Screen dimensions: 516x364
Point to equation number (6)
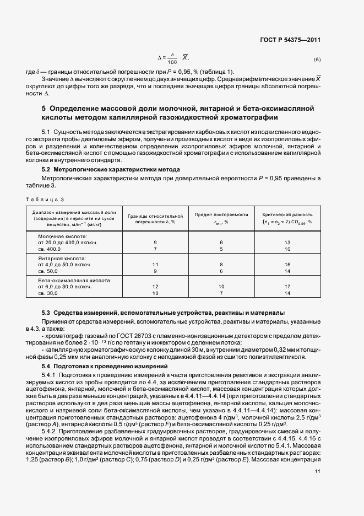point(317,60)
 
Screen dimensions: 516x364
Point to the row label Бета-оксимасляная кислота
point(74,280)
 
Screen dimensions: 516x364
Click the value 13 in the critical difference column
point(287,242)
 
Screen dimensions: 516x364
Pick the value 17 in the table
point(287,287)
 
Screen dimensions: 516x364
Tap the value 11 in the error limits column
point(155,265)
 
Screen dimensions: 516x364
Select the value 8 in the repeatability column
point(221,265)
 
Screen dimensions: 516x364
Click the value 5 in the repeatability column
point(221,249)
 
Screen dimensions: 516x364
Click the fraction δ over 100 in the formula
point(172,58)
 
